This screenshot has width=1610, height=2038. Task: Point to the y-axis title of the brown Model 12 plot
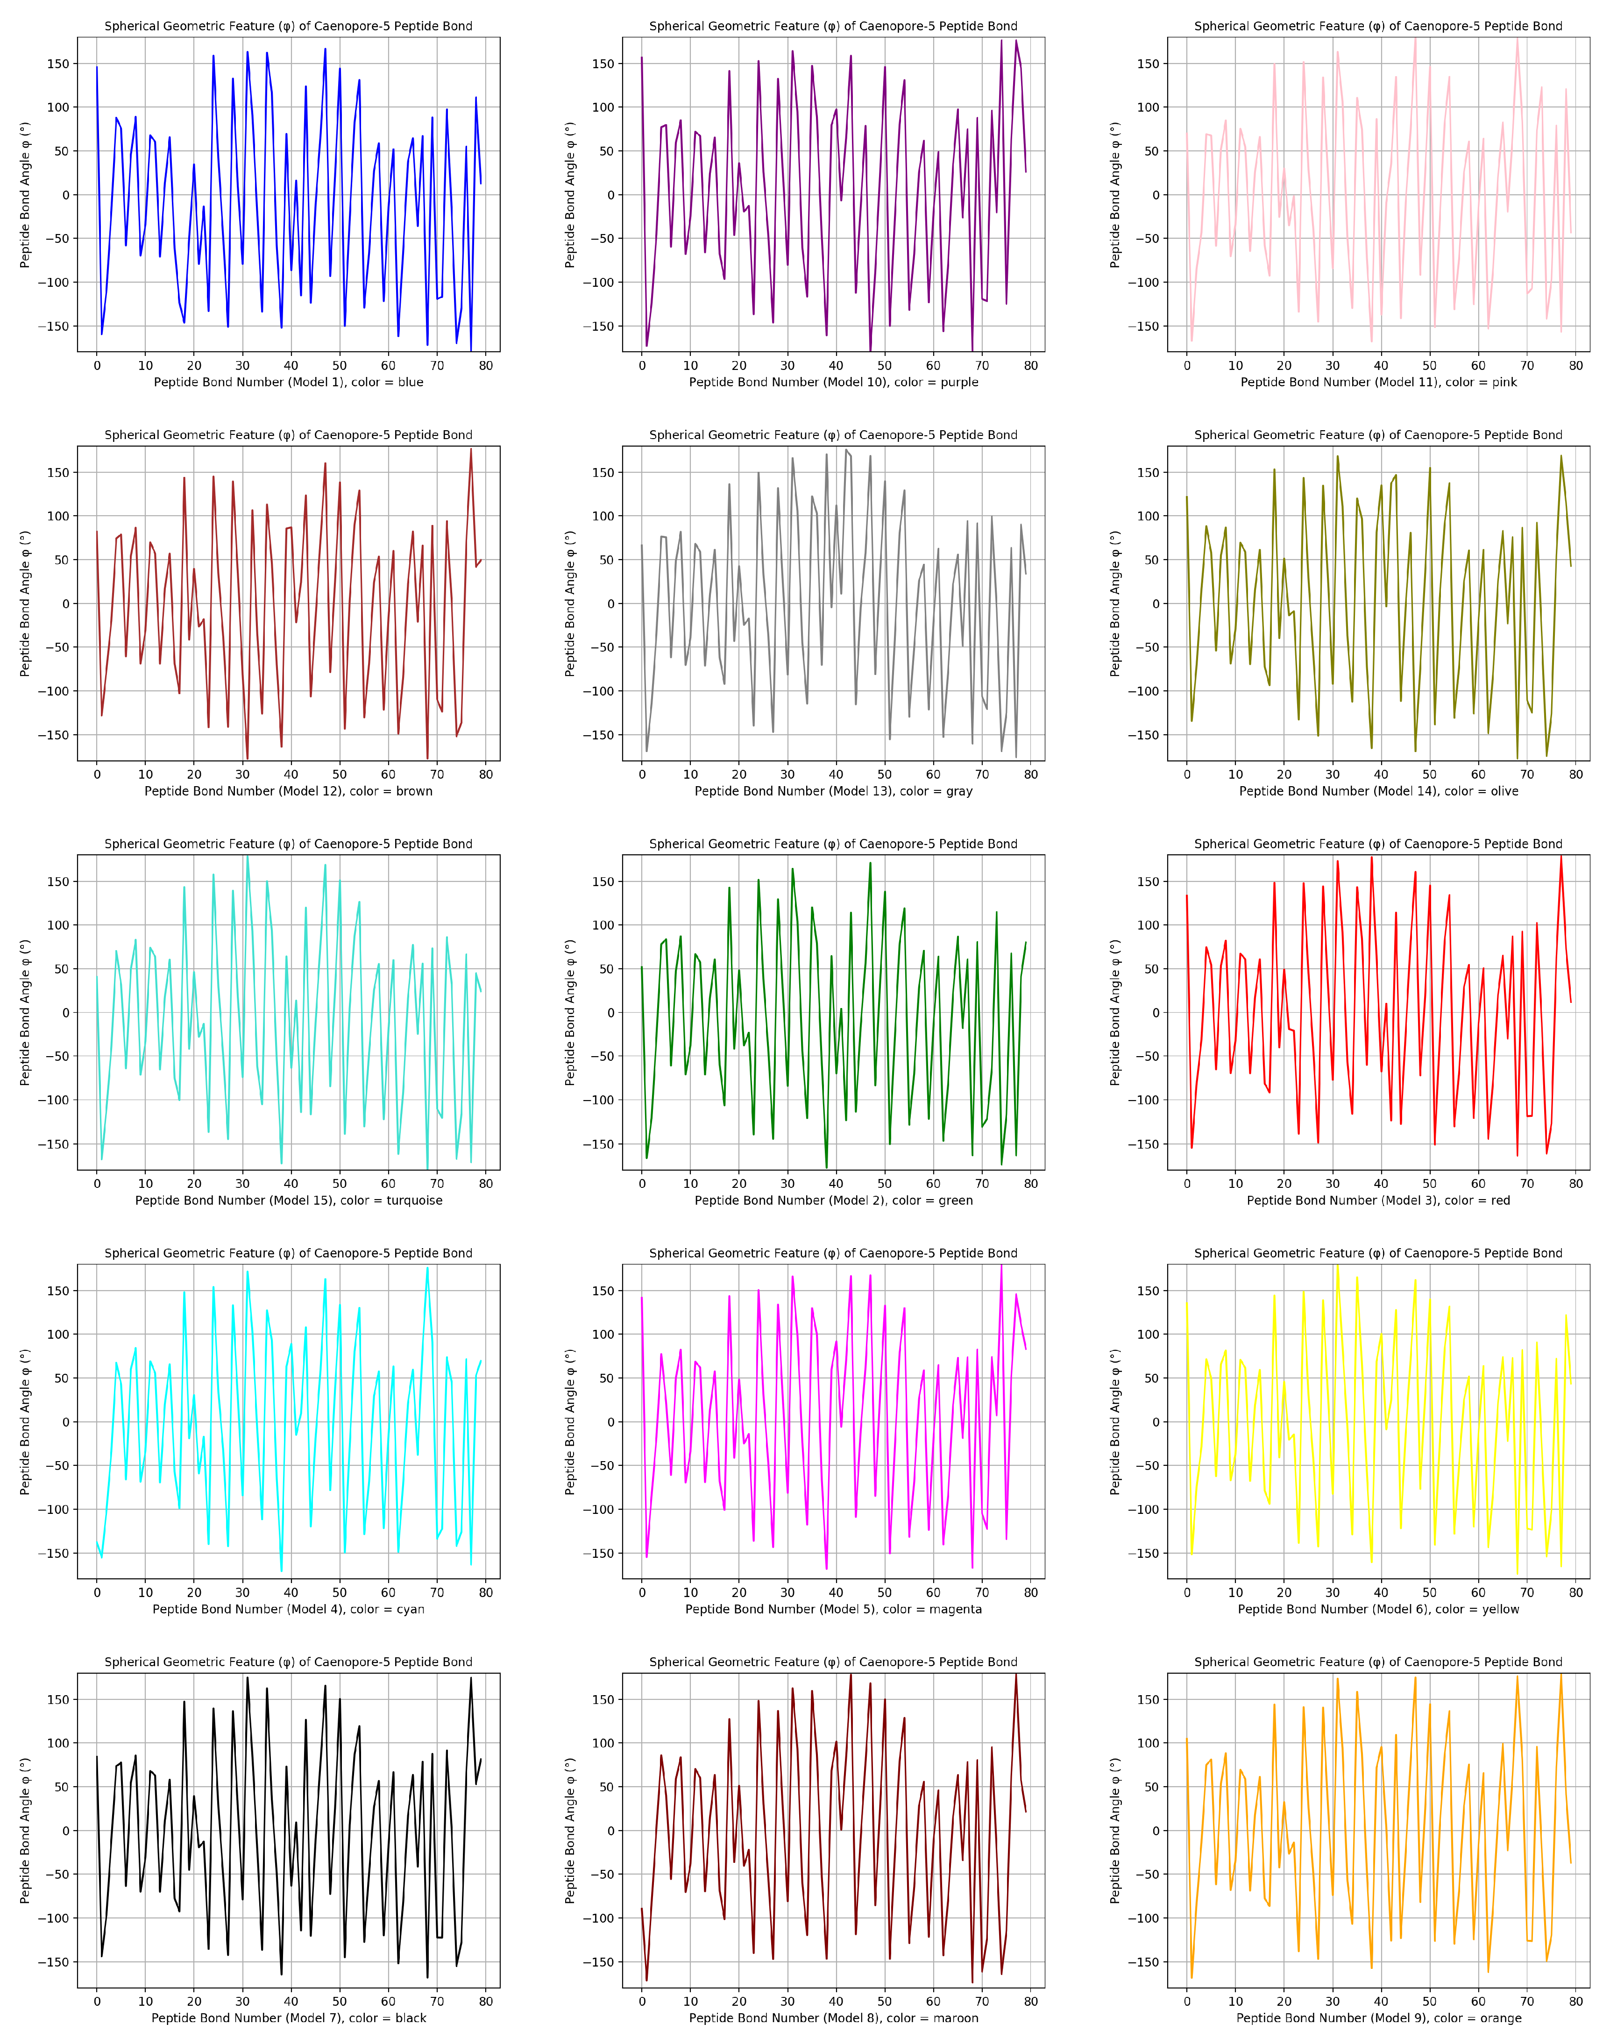tap(25, 604)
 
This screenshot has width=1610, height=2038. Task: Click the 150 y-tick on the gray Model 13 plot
tap(602, 472)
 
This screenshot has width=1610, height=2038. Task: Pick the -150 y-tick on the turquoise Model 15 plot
tap(53, 1143)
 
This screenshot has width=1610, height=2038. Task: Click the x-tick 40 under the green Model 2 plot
tap(836, 1183)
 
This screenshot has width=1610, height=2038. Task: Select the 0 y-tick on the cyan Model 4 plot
tap(65, 1421)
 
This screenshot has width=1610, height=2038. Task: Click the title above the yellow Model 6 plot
tap(1378, 1253)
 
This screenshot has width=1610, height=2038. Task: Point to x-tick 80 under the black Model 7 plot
tap(485, 2001)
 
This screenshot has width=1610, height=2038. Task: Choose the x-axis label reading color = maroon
tap(833, 2018)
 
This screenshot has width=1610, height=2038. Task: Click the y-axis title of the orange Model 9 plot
tap(1115, 1831)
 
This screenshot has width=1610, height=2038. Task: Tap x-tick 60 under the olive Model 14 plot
tap(1478, 774)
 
